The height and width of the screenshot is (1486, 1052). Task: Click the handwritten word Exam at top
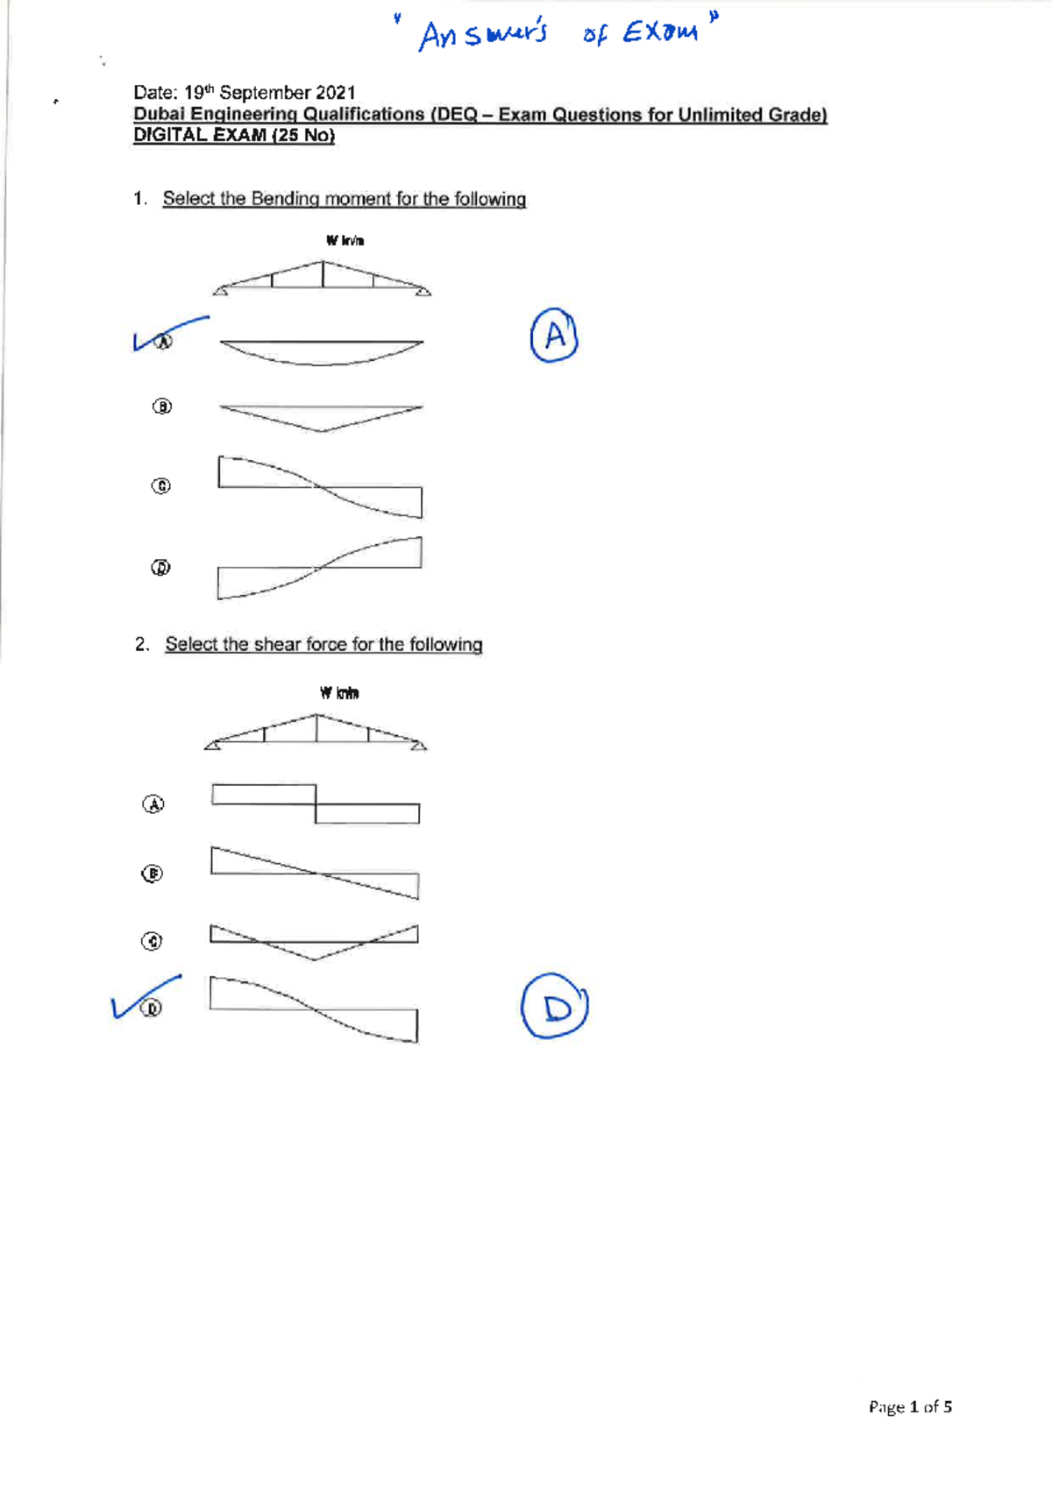tap(660, 33)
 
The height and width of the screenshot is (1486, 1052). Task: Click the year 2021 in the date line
tap(336, 93)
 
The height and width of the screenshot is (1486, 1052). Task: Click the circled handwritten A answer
tap(554, 336)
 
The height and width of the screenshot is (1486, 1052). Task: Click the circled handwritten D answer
tap(554, 1007)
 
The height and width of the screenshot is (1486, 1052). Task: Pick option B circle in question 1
tap(162, 407)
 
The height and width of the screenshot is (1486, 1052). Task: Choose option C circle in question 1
tap(161, 485)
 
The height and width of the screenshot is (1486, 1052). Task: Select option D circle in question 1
tap(161, 568)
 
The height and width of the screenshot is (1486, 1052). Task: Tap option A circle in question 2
tap(153, 804)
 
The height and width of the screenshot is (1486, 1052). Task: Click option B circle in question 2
tap(153, 874)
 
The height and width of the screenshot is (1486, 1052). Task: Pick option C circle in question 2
tap(153, 941)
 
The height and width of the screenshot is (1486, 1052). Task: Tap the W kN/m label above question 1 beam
tap(345, 240)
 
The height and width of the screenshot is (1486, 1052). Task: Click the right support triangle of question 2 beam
tap(419, 746)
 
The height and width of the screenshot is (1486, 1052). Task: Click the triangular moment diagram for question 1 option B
tap(321, 417)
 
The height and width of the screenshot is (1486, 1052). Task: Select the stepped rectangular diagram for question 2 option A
tap(316, 804)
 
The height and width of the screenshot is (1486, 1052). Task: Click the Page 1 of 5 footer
tap(910, 1407)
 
